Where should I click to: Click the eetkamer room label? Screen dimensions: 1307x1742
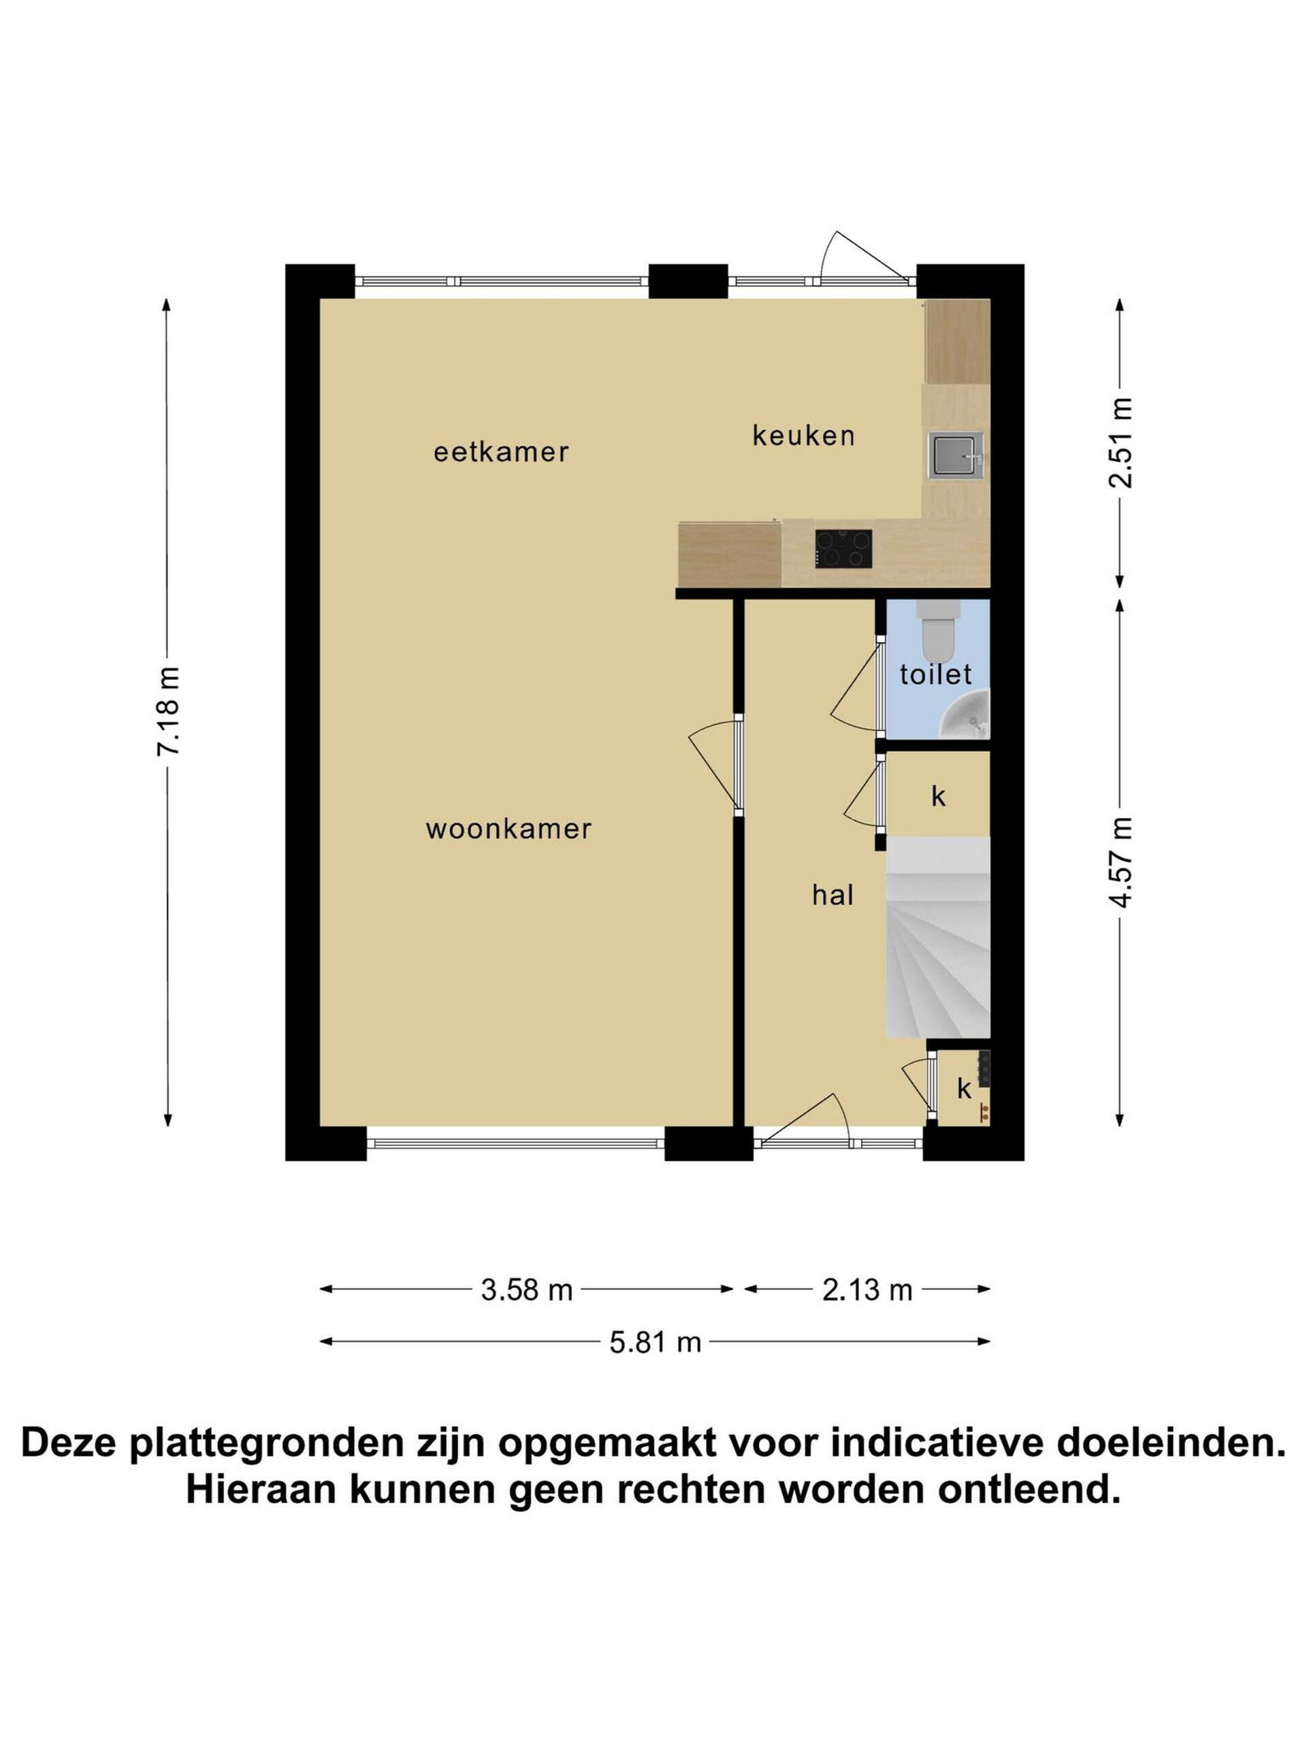coord(501,452)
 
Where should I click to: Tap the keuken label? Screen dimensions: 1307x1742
coord(803,435)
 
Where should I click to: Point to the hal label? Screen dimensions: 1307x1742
coord(833,895)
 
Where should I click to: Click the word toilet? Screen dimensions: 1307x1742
coord(936,674)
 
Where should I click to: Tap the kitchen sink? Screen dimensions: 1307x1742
coord(956,455)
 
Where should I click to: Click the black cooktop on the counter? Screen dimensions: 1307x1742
coord(843,549)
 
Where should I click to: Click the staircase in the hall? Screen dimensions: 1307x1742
coord(937,937)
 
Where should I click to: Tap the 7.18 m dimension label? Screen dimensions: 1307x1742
coord(169,711)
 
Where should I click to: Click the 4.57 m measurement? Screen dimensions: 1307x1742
coord(1120,861)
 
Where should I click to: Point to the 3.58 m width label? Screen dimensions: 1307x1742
coord(526,1290)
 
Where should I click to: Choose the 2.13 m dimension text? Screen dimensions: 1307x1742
coord(867,1290)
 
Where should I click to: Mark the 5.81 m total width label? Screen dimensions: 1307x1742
coord(656,1342)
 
